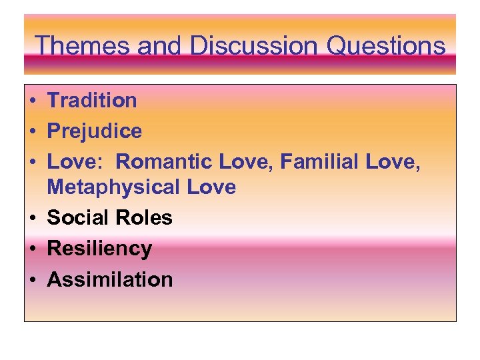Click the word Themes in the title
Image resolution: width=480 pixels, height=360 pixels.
81,46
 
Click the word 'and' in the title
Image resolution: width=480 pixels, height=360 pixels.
159,46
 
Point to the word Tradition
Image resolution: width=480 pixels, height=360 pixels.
92,101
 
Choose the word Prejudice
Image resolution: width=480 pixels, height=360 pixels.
95,131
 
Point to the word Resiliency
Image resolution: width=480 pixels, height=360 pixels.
99,249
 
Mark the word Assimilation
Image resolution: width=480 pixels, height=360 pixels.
110,279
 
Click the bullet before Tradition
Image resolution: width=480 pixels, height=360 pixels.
32,101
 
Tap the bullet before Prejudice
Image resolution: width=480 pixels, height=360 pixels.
32,132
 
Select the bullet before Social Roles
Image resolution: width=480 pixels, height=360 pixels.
32,219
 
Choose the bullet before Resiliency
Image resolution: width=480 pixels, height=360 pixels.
32,249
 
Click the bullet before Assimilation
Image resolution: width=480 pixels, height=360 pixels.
32,280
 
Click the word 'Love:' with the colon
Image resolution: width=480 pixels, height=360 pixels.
74,162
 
